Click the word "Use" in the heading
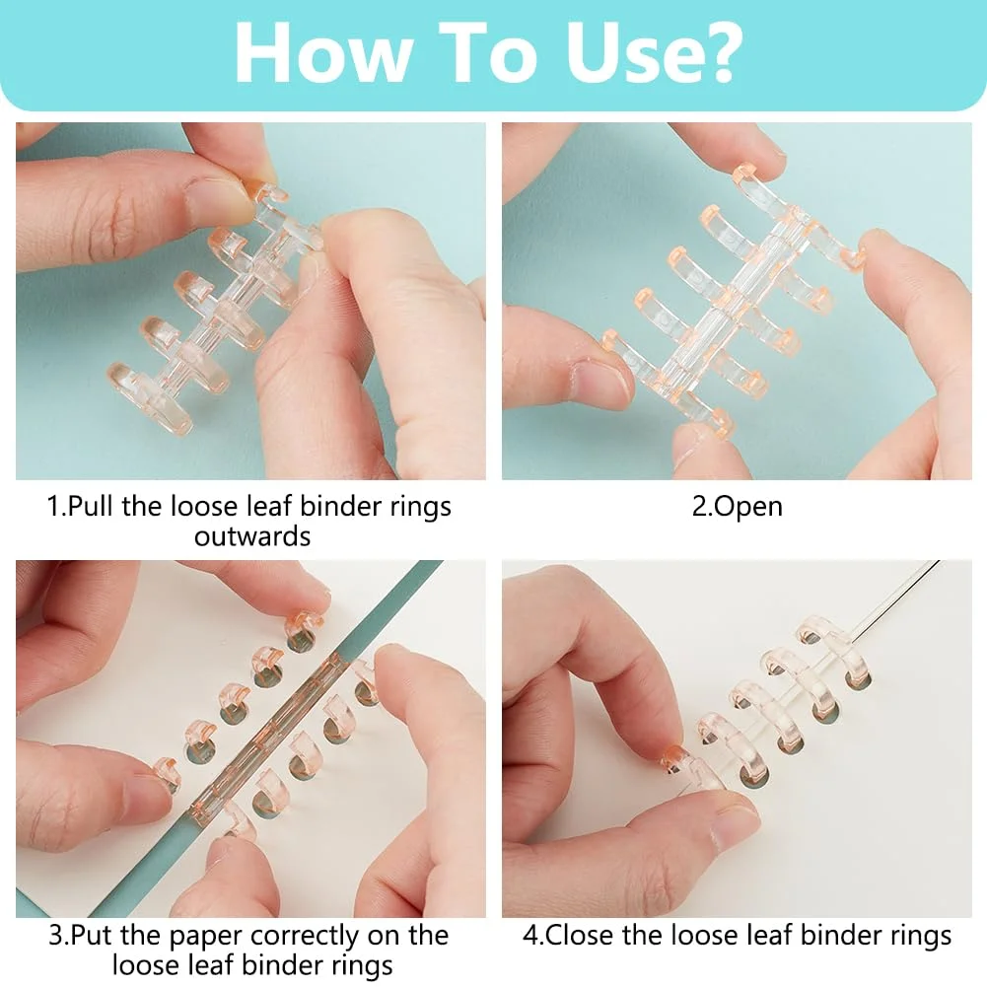(x=628, y=53)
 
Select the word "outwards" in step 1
(x=251, y=537)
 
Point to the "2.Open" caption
(x=738, y=508)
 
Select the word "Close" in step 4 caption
(x=579, y=936)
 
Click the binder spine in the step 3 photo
(x=267, y=740)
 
